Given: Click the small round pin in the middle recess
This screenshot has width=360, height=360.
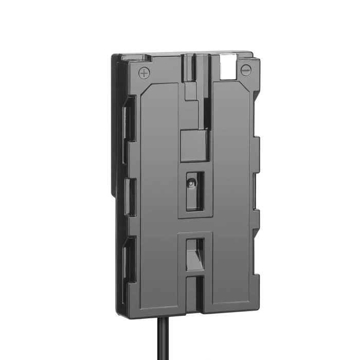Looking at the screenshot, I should [191, 183].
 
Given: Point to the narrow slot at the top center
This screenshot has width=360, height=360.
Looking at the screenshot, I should [191, 67].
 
